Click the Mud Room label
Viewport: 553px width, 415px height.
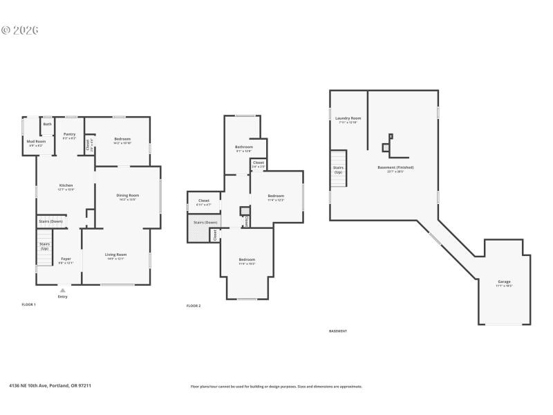[35, 141]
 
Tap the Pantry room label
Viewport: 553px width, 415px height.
[69, 134]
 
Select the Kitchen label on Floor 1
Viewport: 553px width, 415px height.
[66, 185]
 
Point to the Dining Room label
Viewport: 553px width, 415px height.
[127, 195]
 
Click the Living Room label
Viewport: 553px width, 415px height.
[115, 255]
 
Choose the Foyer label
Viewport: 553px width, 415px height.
[65, 259]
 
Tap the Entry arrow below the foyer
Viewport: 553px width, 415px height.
[63, 290]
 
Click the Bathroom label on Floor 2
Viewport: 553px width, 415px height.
[243, 147]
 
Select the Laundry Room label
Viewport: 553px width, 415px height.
[348, 118]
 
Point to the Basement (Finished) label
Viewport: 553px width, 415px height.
[395, 167]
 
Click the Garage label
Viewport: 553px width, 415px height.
[504, 282]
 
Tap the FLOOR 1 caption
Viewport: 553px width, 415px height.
[28, 304]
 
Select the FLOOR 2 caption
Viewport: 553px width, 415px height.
[194, 306]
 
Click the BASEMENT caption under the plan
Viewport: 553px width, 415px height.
[338, 331]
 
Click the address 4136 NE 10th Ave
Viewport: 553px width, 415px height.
[50, 386]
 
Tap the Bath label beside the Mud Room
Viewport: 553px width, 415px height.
[47, 124]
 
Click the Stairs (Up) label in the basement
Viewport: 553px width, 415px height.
[338, 169]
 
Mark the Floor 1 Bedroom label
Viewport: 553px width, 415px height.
[122, 139]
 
